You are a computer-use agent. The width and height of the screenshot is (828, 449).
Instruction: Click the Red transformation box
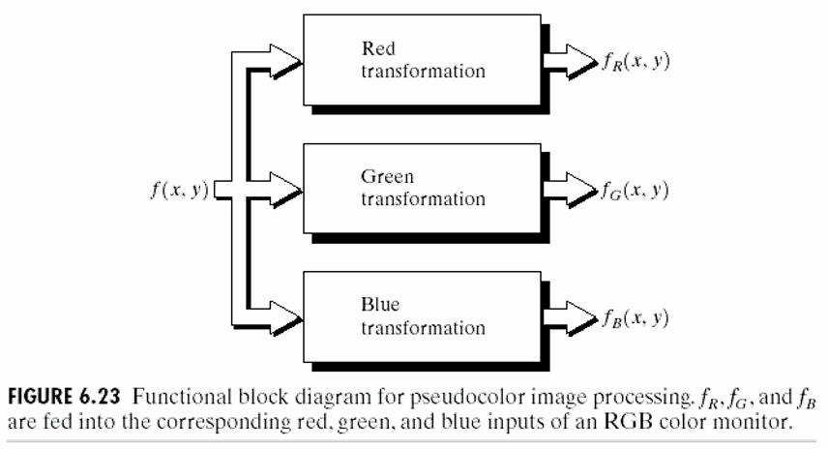[x=421, y=61]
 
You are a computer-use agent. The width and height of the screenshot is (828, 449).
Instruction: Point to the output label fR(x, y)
[x=635, y=62]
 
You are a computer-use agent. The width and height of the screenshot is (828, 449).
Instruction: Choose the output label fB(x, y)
[x=635, y=316]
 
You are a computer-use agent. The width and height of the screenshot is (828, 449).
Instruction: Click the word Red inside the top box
[x=377, y=48]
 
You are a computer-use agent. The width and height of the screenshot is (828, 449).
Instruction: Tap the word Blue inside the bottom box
[x=378, y=304]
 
